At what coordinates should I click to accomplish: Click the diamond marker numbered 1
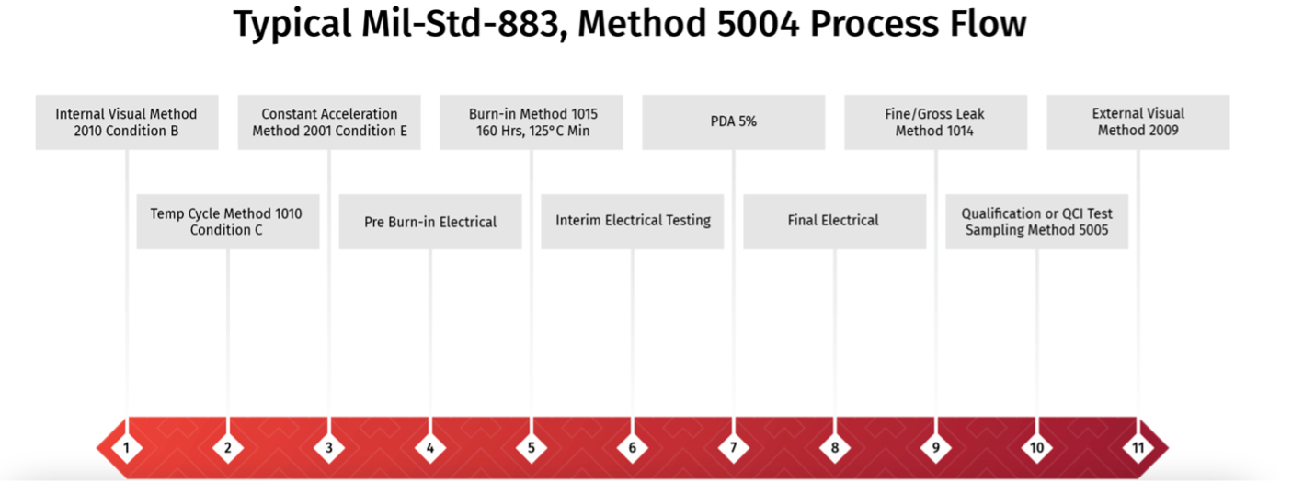[x=126, y=448]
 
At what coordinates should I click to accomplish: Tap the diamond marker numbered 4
[x=429, y=448]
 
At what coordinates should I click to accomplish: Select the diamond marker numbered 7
[x=733, y=448]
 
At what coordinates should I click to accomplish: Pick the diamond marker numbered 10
[x=1036, y=448]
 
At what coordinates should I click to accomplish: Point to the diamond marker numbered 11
[x=1138, y=448]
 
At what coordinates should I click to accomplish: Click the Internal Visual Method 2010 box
[x=127, y=122]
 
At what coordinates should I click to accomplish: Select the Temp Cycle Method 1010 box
[x=228, y=222]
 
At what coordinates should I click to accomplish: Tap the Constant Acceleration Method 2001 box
[x=329, y=122]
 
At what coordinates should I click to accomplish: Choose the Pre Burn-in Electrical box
[x=430, y=222]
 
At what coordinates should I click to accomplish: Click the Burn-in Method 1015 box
[x=532, y=122]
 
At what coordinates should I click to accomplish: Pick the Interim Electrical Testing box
[x=632, y=222]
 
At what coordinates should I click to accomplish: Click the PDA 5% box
[x=734, y=122]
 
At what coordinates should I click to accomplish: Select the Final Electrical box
[x=835, y=222]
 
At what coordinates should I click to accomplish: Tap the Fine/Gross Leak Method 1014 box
[x=936, y=122]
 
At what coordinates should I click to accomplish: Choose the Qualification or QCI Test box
[x=1037, y=222]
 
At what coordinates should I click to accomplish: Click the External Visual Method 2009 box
[x=1138, y=122]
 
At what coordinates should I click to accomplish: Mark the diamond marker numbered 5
[x=532, y=448]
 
